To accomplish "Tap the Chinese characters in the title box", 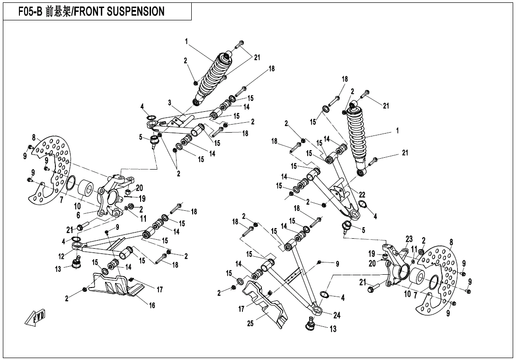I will [59, 11].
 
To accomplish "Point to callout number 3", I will [169, 102].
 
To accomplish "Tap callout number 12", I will [61, 256].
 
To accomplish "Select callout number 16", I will [152, 306].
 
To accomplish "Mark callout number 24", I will [337, 315].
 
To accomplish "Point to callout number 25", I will [250, 324].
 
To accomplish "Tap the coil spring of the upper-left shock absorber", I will [212, 76].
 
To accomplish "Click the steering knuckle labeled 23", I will [397, 268].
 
